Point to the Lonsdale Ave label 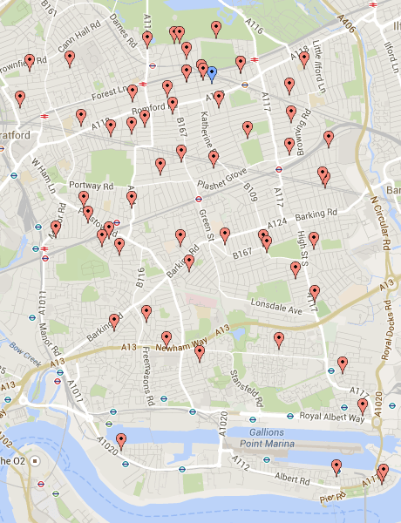[275, 305]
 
